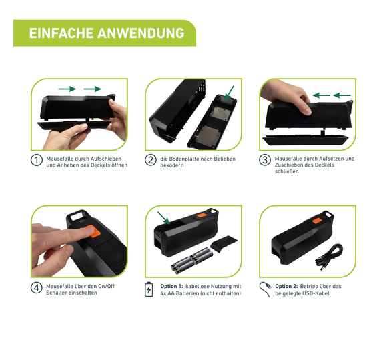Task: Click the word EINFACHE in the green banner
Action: click(x=61, y=33)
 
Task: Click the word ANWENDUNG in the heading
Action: click(x=141, y=33)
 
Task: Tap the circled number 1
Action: click(x=37, y=160)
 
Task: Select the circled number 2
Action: click(x=151, y=160)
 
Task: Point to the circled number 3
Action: click(x=265, y=160)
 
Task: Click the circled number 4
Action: click(x=37, y=288)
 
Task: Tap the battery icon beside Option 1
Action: click(x=149, y=289)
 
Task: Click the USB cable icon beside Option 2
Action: click(x=265, y=289)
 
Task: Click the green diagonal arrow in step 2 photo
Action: click(x=230, y=93)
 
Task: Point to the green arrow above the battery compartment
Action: click(x=164, y=218)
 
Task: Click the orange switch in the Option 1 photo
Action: click(x=202, y=215)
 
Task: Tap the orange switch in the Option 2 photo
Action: click(x=317, y=221)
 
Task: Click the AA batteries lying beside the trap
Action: click(x=191, y=261)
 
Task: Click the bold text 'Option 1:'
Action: click(x=171, y=286)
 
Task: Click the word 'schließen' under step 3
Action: click(x=286, y=171)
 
